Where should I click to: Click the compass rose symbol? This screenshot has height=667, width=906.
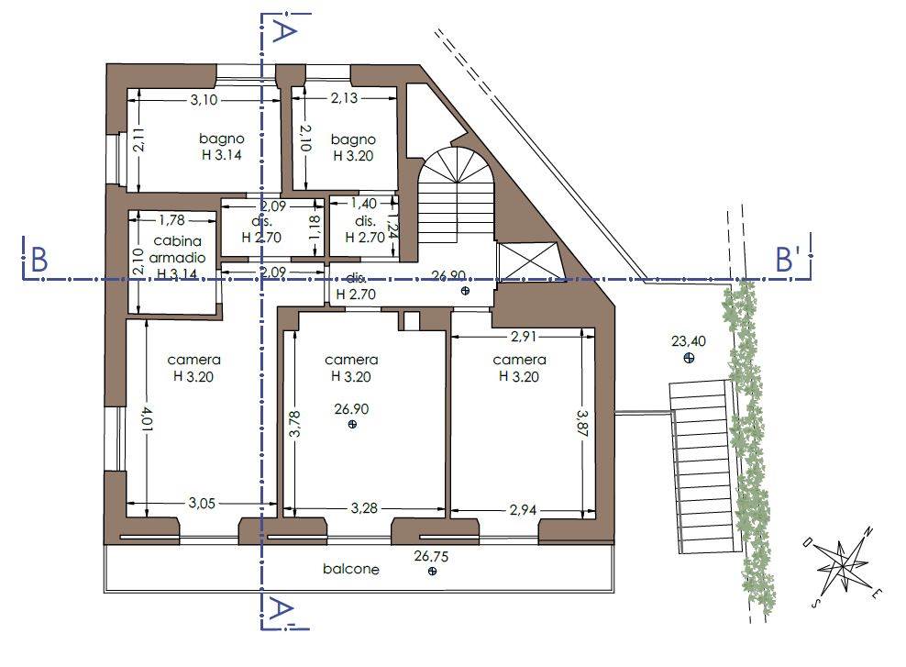tap(844, 566)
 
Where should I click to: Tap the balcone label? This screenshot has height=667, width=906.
tap(351, 569)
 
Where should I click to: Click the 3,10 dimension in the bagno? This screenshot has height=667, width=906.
tap(204, 99)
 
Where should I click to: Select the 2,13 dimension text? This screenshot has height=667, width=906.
tap(345, 97)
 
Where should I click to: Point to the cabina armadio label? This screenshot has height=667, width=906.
tap(178, 250)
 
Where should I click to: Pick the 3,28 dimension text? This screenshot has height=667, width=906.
tap(364, 508)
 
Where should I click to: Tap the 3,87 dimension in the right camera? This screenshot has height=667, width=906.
tap(582, 425)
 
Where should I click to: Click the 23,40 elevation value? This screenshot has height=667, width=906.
tap(689, 341)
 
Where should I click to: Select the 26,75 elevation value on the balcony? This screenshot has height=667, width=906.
tap(431, 556)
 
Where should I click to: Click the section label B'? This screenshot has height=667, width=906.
tap(787, 260)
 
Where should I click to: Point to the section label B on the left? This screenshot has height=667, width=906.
tap(39, 260)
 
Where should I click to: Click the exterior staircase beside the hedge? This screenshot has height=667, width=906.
tap(705, 467)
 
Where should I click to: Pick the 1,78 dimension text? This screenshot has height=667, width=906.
tap(171, 220)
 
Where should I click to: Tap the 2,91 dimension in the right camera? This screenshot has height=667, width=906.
tap(523, 336)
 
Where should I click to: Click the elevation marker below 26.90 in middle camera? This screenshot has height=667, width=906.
tap(352, 424)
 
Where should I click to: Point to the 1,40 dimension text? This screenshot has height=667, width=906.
tap(364, 204)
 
